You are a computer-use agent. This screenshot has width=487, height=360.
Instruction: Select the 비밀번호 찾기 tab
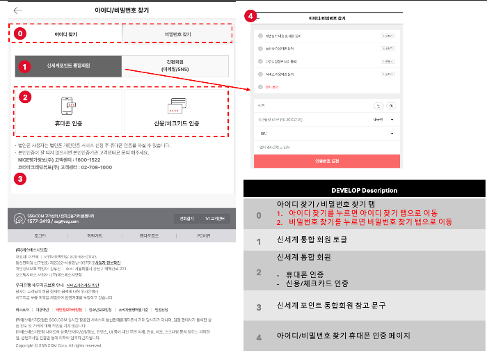tap(177, 33)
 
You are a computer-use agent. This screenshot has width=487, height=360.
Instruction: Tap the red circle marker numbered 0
tap(20, 33)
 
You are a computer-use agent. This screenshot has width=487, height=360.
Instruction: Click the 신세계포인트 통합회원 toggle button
tap(69, 66)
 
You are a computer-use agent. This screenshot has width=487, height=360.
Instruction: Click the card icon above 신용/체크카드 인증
tap(175, 105)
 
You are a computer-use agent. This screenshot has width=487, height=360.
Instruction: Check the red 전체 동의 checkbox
tap(260, 86)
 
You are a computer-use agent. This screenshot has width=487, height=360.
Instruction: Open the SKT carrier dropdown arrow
tap(392, 130)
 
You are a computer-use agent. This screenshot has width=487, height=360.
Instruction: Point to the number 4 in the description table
tap(258, 337)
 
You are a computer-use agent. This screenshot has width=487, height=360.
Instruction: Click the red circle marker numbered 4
tap(250, 15)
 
